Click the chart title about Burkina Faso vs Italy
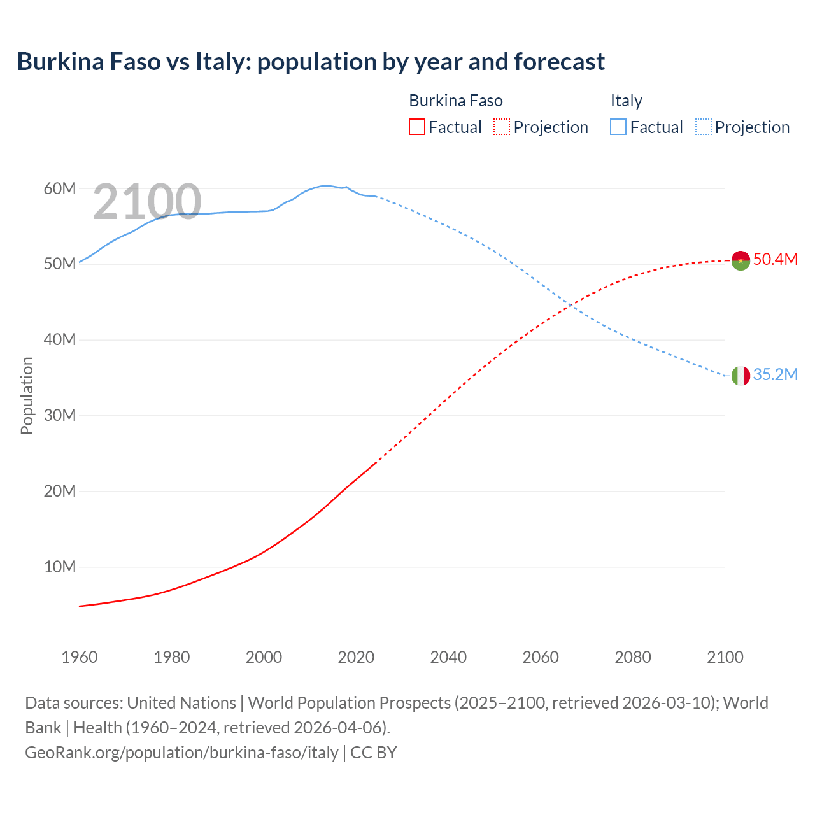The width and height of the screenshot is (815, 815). (311, 62)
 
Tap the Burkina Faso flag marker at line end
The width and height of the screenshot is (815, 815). (740, 260)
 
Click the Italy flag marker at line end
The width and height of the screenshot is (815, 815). (740, 376)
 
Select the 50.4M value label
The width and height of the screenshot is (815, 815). (775, 259)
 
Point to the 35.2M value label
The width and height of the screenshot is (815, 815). (775, 374)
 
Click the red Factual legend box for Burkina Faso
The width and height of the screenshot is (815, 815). (416, 127)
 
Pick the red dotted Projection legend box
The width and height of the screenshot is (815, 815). (502, 127)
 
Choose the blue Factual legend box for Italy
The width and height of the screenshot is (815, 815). (618, 127)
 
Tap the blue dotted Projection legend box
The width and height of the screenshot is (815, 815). (704, 127)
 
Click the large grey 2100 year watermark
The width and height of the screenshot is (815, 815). (147, 202)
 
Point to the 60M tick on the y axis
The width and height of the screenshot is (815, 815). (60, 188)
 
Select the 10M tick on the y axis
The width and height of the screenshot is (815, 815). (60, 567)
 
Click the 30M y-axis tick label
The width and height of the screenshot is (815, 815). (60, 416)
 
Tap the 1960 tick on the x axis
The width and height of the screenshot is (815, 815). (80, 657)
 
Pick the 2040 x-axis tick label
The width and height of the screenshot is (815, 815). (448, 657)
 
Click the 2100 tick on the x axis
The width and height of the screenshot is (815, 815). (725, 657)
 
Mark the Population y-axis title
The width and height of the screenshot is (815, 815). (27, 395)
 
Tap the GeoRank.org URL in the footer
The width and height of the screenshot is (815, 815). (181, 752)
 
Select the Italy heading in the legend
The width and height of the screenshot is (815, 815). (626, 101)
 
